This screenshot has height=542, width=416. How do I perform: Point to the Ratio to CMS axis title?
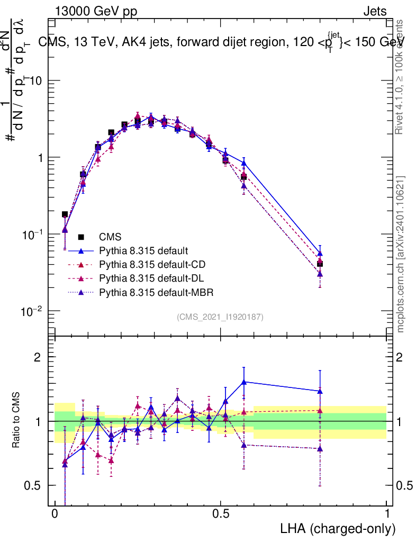pos(17,420)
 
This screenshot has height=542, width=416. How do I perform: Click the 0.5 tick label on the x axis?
pos(221,514)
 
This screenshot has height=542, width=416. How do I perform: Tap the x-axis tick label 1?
pos(386,514)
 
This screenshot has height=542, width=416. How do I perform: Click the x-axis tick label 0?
pos(55,514)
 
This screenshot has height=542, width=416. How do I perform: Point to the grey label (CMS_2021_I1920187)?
pos(220,317)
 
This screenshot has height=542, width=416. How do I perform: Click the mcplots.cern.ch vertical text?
pos(401,254)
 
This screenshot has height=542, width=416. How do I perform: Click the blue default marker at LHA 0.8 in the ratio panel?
pos(320,391)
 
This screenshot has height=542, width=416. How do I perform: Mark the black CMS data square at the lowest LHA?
pos(65,214)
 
